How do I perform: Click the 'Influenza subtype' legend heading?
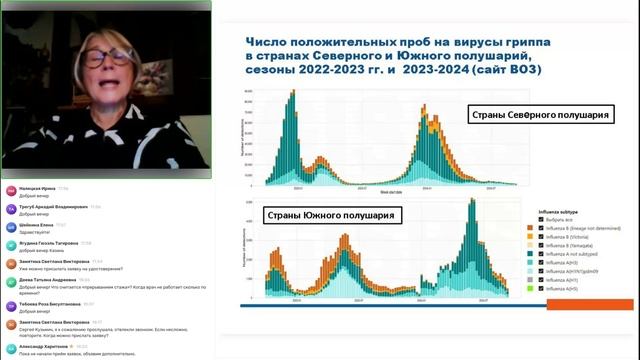[x=559, y=211]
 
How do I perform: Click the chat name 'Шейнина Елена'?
[x=38, y=225]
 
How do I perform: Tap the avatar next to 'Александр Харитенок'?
[x=11, y=346]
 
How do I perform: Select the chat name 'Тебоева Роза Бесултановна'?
[x=46, y=304]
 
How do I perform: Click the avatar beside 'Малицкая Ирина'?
[x=11, y=190]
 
